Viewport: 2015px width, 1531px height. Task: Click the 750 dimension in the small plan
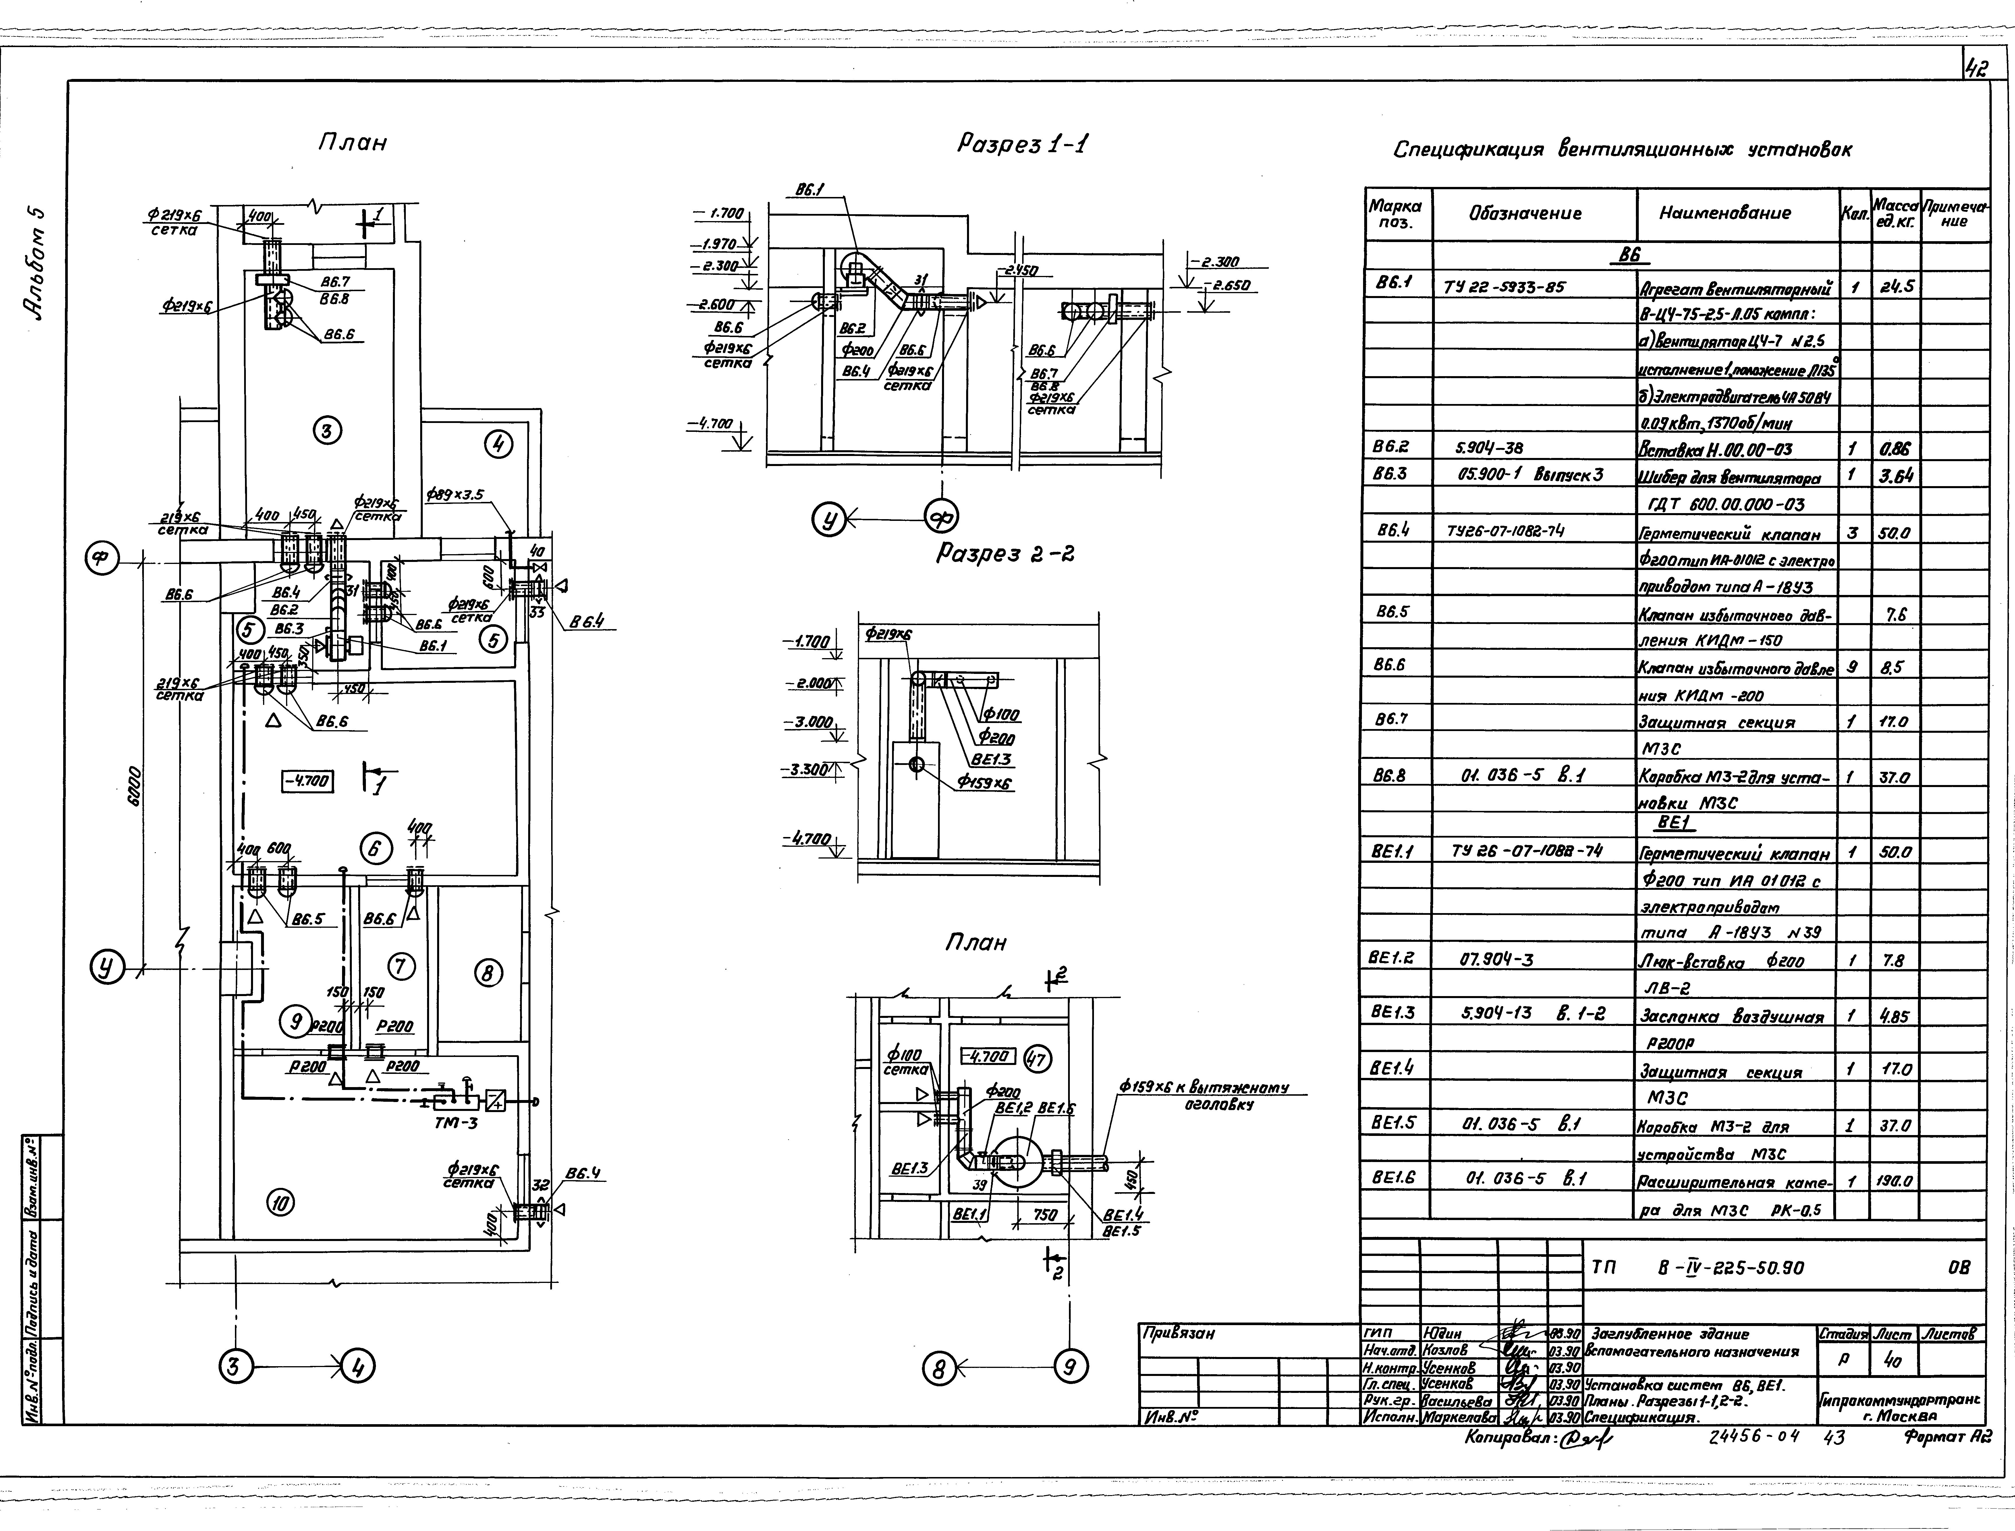(1045, 1215)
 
